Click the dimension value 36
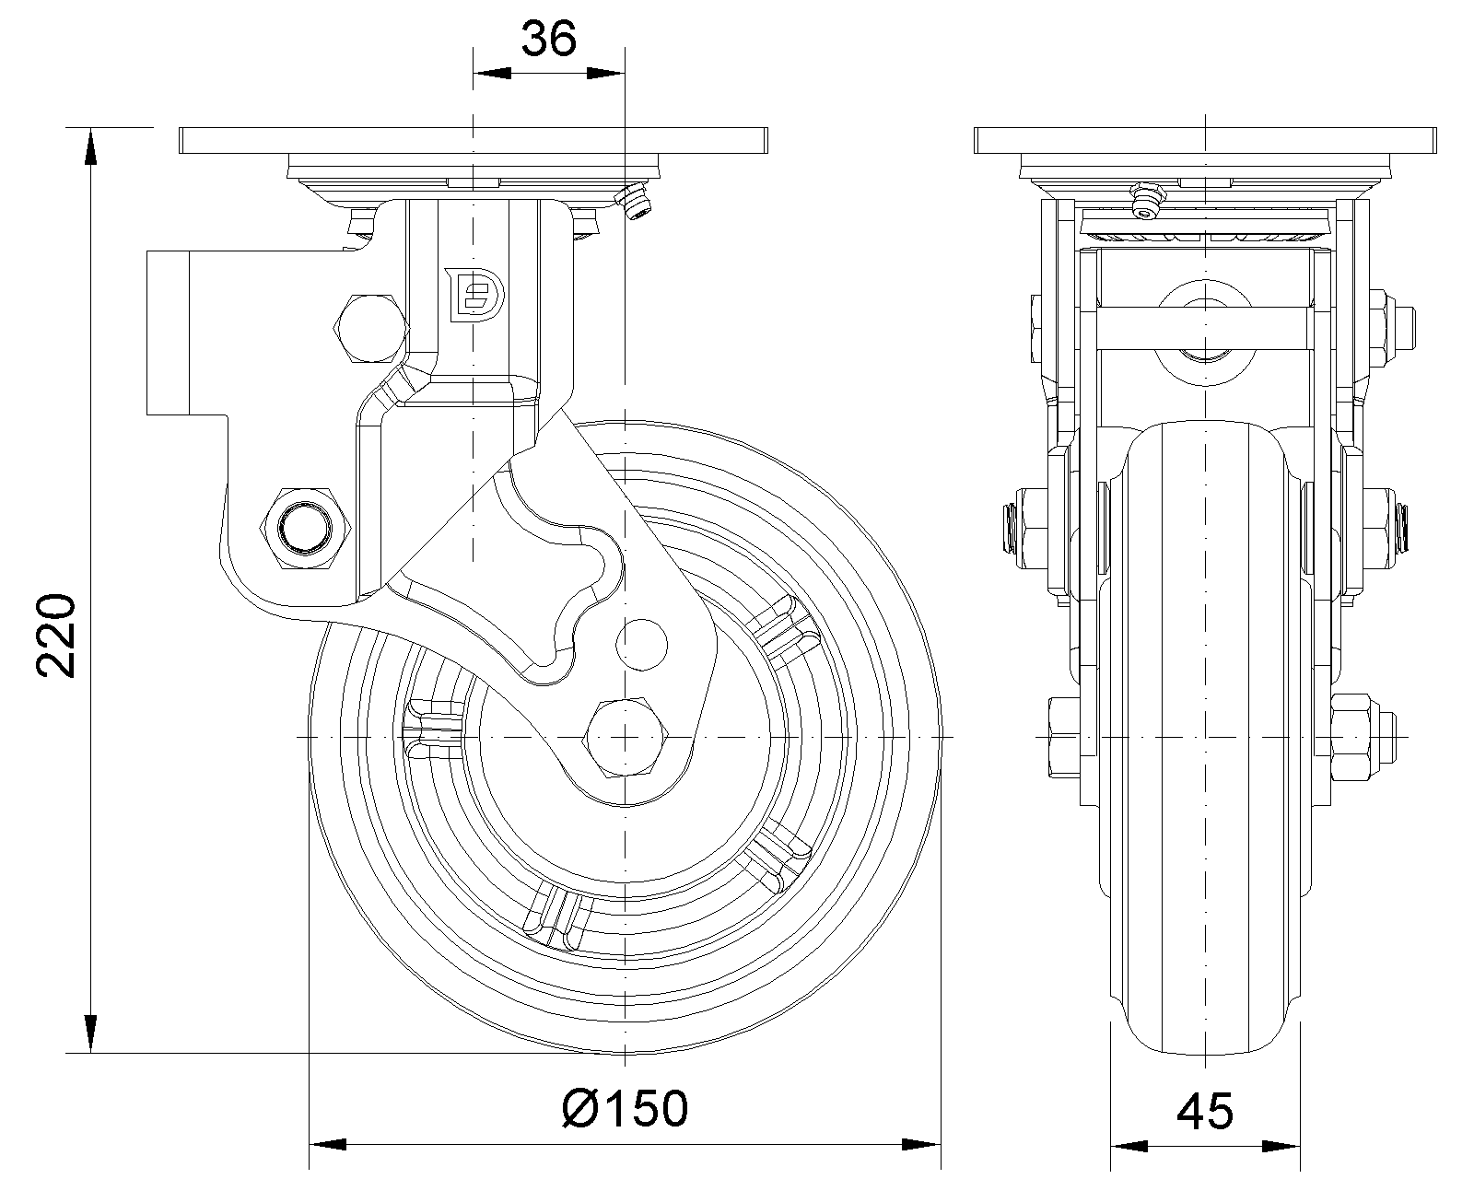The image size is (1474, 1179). click(x=549, y=40)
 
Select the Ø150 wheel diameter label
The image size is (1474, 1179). click(x=625, y=1108)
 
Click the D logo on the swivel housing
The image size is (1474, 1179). click(x=475, y=295)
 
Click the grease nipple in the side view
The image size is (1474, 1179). click(x=635, y=203)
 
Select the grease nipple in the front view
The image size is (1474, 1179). click(x=1145, y=200)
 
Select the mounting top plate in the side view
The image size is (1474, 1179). click(x=473, y=141)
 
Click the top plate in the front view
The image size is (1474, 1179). click(x=1205, y=141)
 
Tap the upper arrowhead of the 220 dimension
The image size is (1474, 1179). click(x=90, y=147)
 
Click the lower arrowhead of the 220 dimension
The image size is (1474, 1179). click(x=90, y=1032)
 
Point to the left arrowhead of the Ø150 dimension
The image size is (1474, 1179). click(x=327, y=1146)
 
